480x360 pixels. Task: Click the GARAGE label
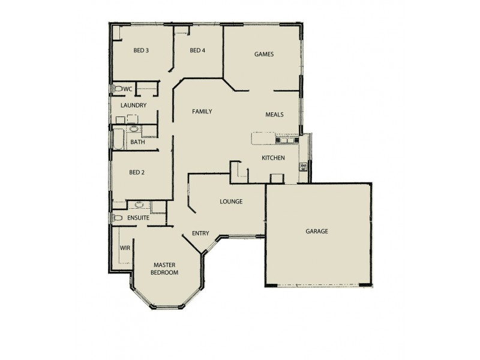coord(317,231)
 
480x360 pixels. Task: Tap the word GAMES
coord(264,54)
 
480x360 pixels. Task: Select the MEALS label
coord(275,115)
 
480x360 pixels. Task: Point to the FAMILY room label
coord(202,112)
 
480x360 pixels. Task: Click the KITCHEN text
coord(273,158)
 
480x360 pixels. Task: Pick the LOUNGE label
coord(231,202)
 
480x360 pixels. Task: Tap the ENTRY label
coord(200,233)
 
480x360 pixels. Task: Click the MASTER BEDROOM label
coord(164,268)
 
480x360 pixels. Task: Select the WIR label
coord(125,247)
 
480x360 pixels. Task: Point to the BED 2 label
coord(137,172)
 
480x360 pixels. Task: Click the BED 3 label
coord(140,50)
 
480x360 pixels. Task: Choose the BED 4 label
coord(197,50)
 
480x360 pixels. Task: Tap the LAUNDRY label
coord(133,106)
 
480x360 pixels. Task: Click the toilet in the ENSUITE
coord(117,218)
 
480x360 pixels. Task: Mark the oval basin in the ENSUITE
coord(139,205)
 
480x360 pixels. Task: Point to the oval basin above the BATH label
coord(133,128)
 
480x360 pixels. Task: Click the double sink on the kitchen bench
coord(283,140)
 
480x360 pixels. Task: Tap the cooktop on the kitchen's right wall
coord(304,166)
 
